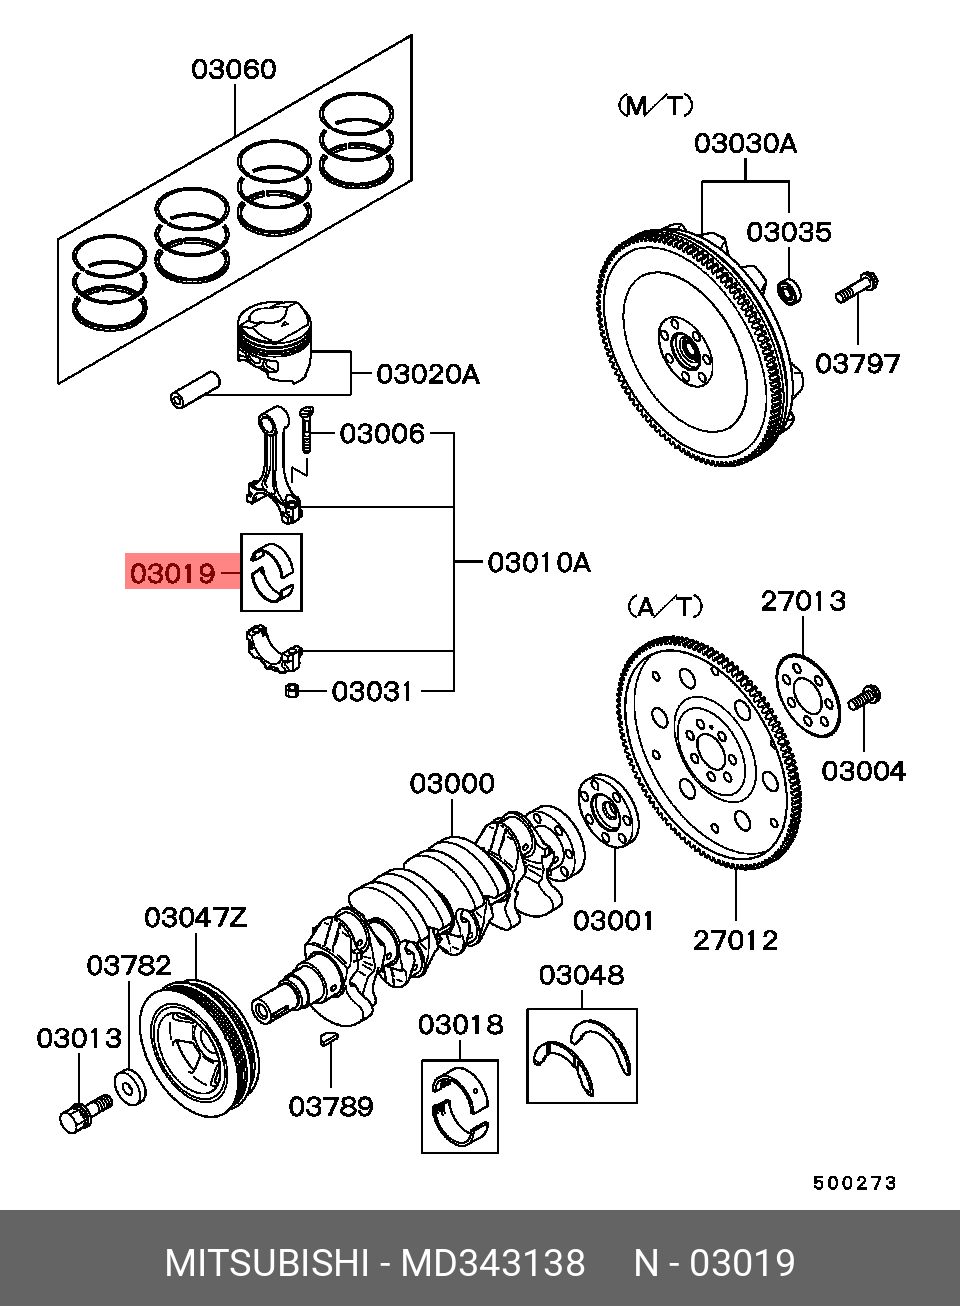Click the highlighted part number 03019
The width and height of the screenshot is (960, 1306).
173,573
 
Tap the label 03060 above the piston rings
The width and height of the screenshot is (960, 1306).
234,69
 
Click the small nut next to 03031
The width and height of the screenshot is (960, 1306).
291,691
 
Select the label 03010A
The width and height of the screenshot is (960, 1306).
539,563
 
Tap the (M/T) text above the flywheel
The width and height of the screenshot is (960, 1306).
655,106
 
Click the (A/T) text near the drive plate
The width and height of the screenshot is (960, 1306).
665,607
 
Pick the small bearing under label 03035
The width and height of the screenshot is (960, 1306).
789,292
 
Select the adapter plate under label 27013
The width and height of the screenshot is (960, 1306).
808,696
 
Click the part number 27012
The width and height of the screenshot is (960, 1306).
736,940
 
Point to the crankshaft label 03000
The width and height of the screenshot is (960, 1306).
452,784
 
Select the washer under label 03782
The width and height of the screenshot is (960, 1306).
130,1087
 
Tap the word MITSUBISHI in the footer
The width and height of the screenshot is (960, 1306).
266,1261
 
